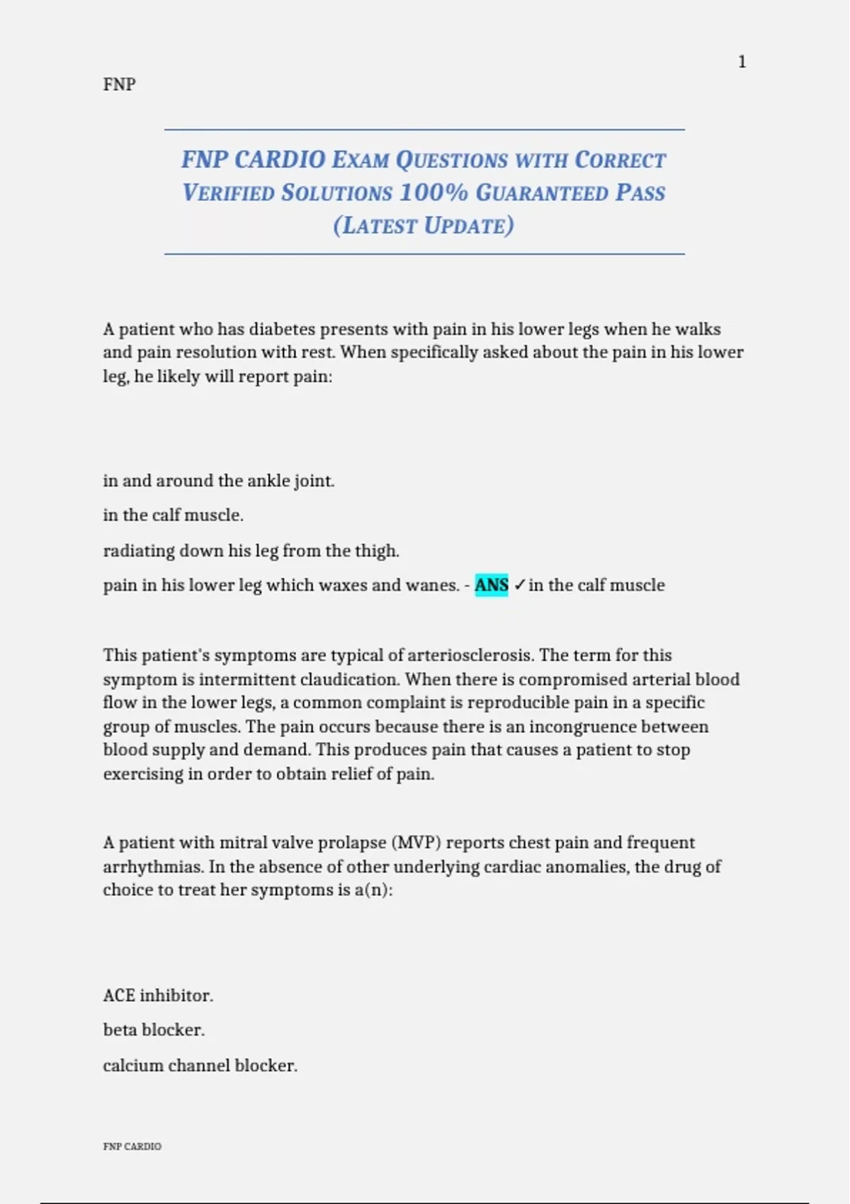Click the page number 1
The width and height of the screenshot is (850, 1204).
[742, 62]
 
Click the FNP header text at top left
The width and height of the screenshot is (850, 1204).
[119, 84]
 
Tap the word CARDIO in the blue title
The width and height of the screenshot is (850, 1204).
[280, 159]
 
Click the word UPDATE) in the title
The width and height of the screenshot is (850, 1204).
[469, 226]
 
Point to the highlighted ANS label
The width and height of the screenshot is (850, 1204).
[492, 586]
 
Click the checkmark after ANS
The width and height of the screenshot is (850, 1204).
[519, 586]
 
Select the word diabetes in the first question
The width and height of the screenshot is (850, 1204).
[282, 329]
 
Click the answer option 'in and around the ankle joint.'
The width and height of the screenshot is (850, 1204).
[218, 481]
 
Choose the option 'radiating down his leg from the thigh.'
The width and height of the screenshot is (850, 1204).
[251, 551]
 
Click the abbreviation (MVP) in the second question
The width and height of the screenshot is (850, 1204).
[416, 843]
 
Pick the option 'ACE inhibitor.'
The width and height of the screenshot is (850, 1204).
[158, 996]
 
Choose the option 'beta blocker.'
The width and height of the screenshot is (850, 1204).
[154, 1030]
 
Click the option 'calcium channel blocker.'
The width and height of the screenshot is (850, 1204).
[200, 1066]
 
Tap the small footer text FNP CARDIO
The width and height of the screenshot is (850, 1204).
[132, 1147]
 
